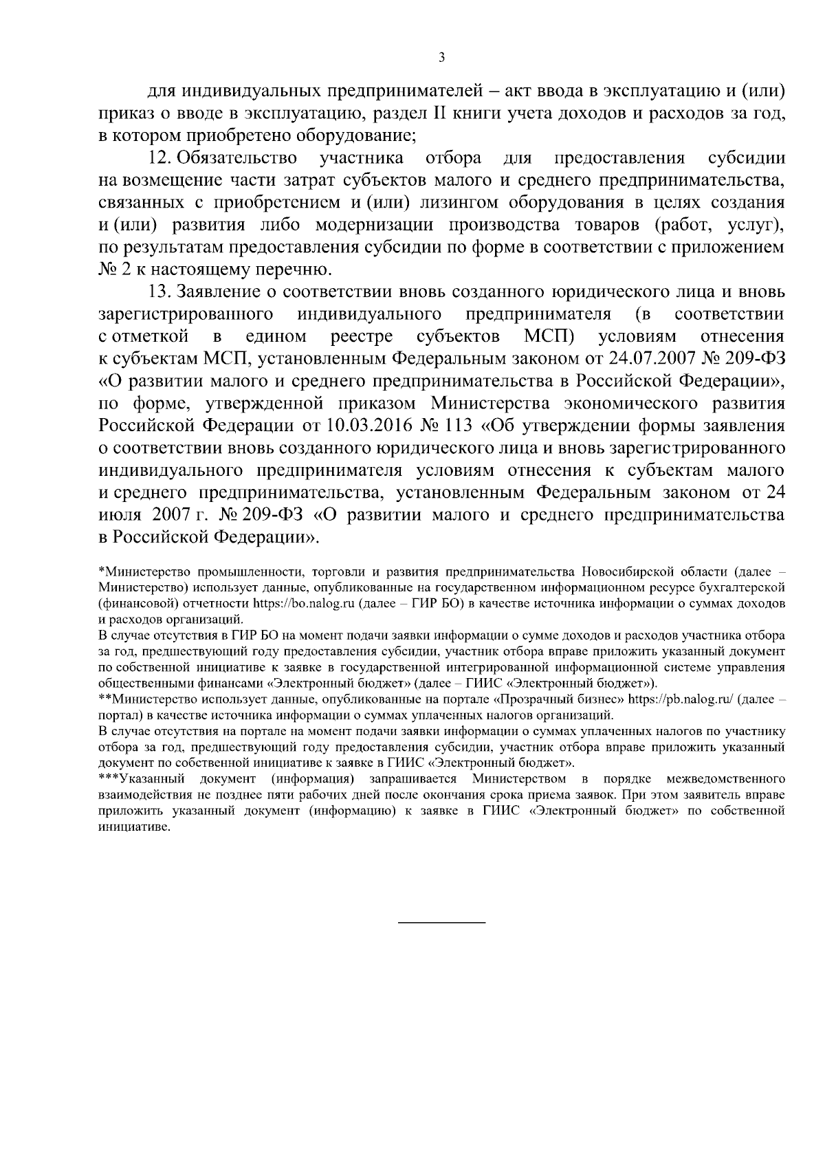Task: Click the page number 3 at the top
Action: (x=441, y=58)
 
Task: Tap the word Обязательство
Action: (x=237, y=159)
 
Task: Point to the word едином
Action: (x=276, y=336)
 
